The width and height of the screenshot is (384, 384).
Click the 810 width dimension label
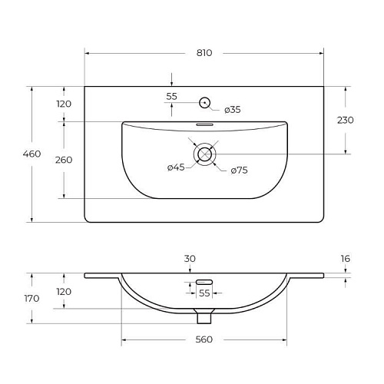[204, 53]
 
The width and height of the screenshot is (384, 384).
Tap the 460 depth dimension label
[31, 154]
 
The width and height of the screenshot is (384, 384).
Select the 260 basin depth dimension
[64, 160]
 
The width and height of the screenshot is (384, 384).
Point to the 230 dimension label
[346, 120]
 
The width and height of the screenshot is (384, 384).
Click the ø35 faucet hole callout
[233, 110]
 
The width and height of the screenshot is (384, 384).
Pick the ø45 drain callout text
[176, 167]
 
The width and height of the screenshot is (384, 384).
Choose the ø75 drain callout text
[239, 170]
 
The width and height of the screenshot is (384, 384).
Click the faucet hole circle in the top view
[204, 103]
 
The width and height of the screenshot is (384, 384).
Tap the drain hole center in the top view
[204, 154]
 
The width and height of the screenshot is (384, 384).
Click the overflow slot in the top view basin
[204, 124]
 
